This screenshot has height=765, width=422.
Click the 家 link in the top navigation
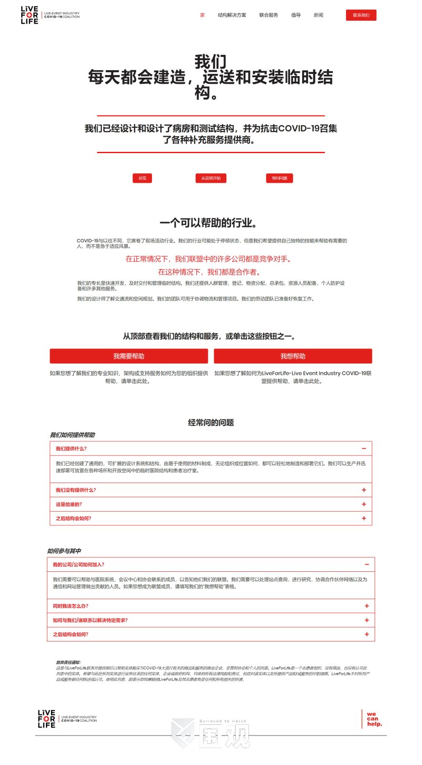(203, 15)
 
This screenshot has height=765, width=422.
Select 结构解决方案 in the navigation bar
(232, 15)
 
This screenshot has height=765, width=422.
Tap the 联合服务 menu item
(268, 15)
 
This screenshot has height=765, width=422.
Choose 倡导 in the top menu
(296, 15)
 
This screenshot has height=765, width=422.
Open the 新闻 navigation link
(319, 15)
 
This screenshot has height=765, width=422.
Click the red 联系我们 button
(361, 15)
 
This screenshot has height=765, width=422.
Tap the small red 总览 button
(142, 178)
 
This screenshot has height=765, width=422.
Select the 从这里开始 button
(211, 178)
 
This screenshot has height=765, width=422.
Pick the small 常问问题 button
(279, 178)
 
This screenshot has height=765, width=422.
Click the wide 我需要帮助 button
(129, 356)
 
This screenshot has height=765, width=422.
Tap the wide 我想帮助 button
(293, 356)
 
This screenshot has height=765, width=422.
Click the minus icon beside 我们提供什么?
(364, 449)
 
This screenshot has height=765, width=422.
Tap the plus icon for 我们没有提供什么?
(364, 490)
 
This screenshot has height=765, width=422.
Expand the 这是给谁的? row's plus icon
(364, 504)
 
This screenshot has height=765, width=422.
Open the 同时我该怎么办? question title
(71, 606)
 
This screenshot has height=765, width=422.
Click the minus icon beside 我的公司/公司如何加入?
(367, 565)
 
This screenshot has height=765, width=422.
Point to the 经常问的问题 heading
(211, 422)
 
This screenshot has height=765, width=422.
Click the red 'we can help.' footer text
(375, 719)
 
